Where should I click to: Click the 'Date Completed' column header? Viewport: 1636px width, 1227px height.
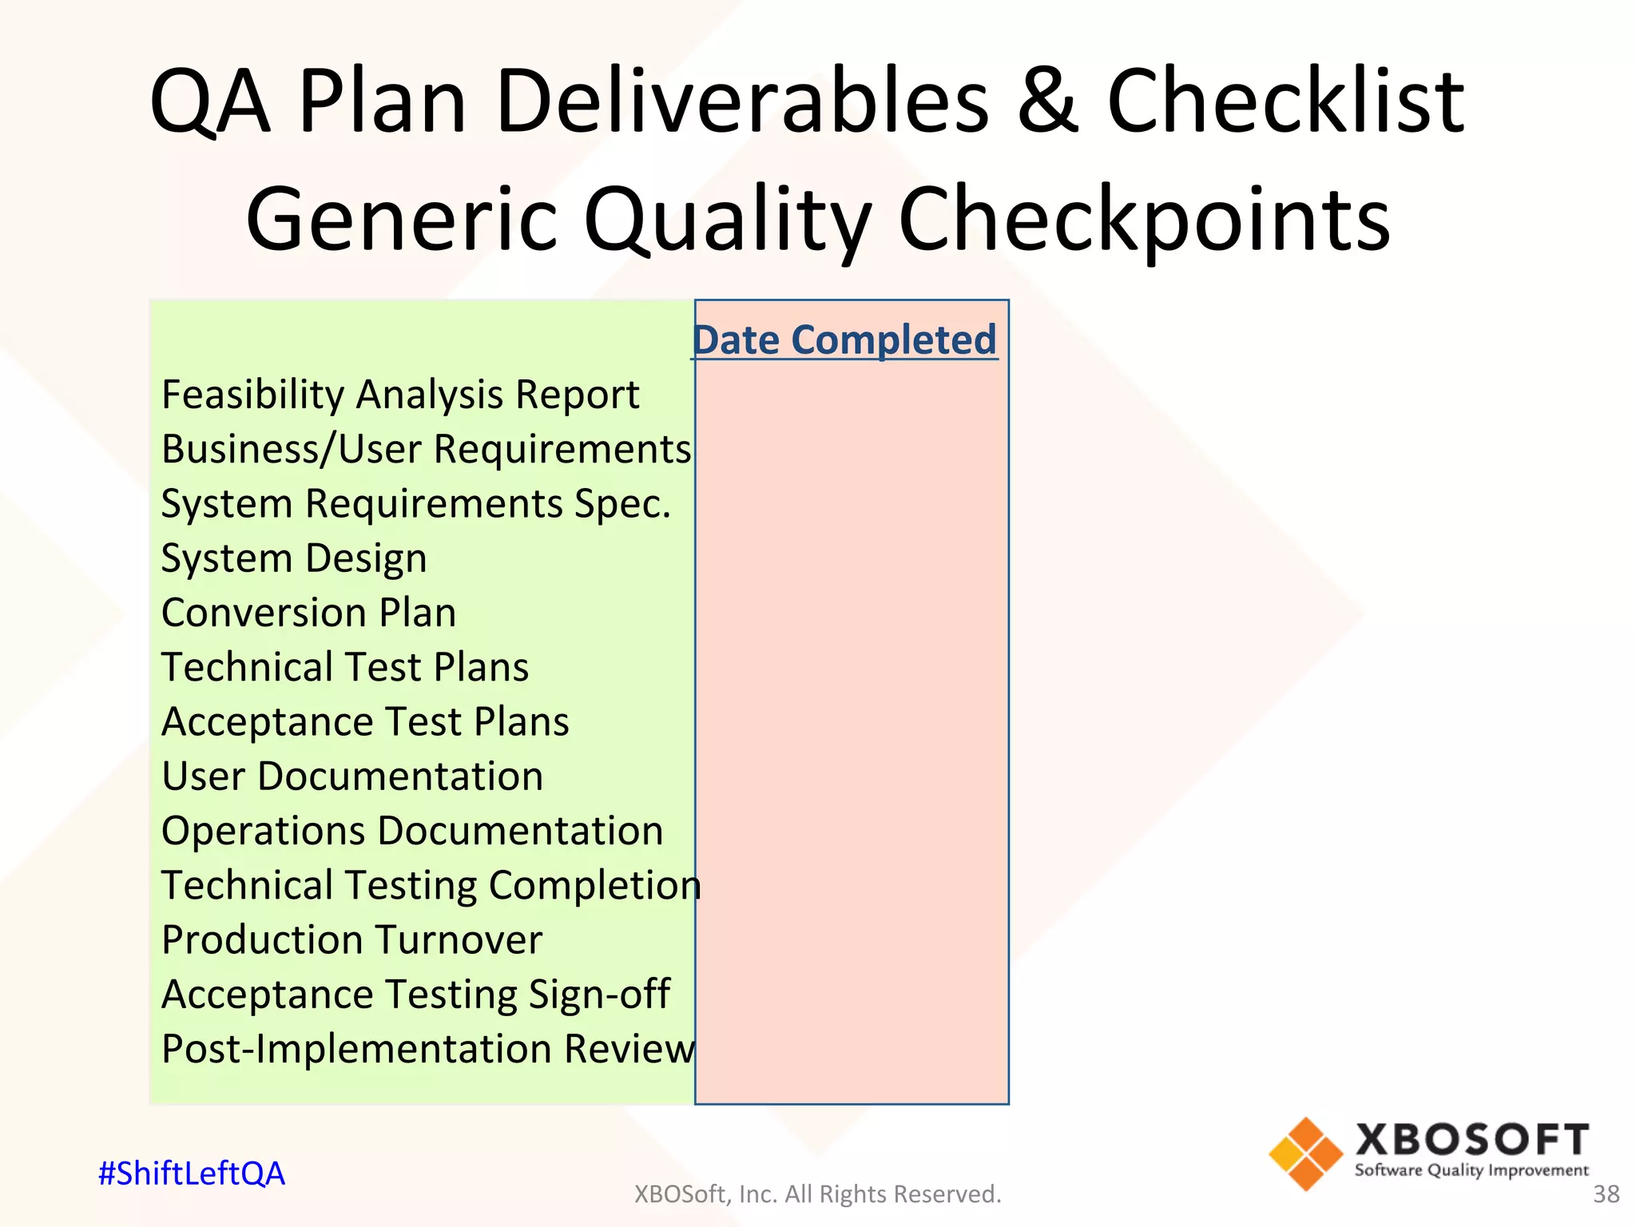(844, 340)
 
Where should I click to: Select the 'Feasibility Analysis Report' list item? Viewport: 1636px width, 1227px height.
(400, 395)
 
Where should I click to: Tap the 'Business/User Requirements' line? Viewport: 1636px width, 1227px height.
(426, 449)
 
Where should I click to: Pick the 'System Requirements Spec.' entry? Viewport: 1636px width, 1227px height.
(415, 504)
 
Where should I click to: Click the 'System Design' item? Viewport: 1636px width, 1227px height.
(294, 558)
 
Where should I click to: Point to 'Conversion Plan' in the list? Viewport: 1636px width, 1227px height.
(308, 613)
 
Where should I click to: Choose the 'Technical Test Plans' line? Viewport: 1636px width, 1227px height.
(345, 667)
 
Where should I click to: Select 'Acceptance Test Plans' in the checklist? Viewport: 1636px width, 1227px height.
(365, 722)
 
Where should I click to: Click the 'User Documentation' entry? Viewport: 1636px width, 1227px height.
(352, 776)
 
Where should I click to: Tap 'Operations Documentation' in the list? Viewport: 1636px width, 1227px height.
(412, 831)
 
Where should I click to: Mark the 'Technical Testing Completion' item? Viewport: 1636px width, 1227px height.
(431, 885)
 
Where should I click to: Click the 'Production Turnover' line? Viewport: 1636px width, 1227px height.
(351, 940)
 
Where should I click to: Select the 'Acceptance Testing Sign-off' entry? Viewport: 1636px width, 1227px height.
(415, 995)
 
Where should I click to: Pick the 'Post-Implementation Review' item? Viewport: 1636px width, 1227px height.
(428, 1049)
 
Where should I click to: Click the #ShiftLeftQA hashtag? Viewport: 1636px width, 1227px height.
(191, 1173)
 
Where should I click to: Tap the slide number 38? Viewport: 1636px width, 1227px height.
(1606, 1194)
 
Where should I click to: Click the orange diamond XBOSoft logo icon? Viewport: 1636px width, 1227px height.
(1305, 1154)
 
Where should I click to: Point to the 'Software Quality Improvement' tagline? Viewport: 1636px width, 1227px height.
(1471, 1170)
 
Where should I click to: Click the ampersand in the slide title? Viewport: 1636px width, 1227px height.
(1048, 101)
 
